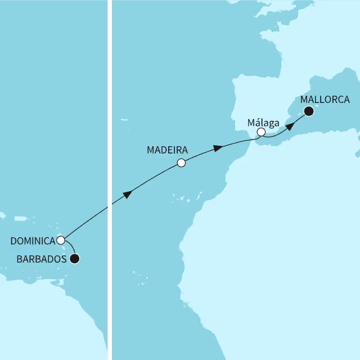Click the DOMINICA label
[x=33, y=241]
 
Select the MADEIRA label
[x=167, y=150]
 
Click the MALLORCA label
[x=326, y=100]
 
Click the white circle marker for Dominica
[x=60, y=240]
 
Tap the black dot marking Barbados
[x=74, y=259]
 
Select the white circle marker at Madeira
[x=181, y=163]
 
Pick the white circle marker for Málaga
[x=261, y=132]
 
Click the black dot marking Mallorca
[x=309, y=111]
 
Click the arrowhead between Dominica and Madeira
[x=128, y=195]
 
